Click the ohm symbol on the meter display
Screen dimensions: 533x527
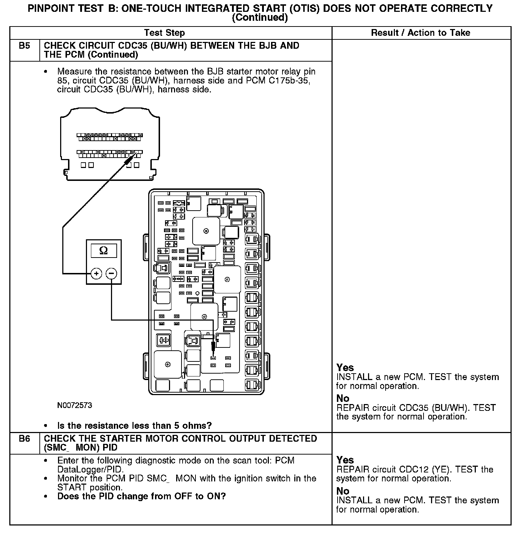click(x=103, y=250)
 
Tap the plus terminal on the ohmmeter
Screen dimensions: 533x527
click(x=96, y=274)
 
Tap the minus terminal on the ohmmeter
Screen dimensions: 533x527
click(x=111, y=274)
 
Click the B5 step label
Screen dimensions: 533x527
click(x=24, y=46)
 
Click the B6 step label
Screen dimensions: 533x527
click(x=24, y=439)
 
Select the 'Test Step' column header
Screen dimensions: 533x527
click(x=164, y=33)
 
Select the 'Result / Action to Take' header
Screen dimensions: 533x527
click(x=420, y=33)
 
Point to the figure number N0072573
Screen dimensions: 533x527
click(x=74, y=405)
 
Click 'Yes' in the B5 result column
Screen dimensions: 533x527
click(x=345, y=368)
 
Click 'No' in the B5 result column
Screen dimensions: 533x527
click(x=343, y=398)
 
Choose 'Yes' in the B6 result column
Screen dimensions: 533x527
click(x=345, y=460)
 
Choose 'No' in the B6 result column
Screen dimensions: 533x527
click(x=343, y=491)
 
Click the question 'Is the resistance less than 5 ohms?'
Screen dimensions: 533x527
click(x=134, y=426)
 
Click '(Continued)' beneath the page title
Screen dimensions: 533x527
click(x=260, y=18)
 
